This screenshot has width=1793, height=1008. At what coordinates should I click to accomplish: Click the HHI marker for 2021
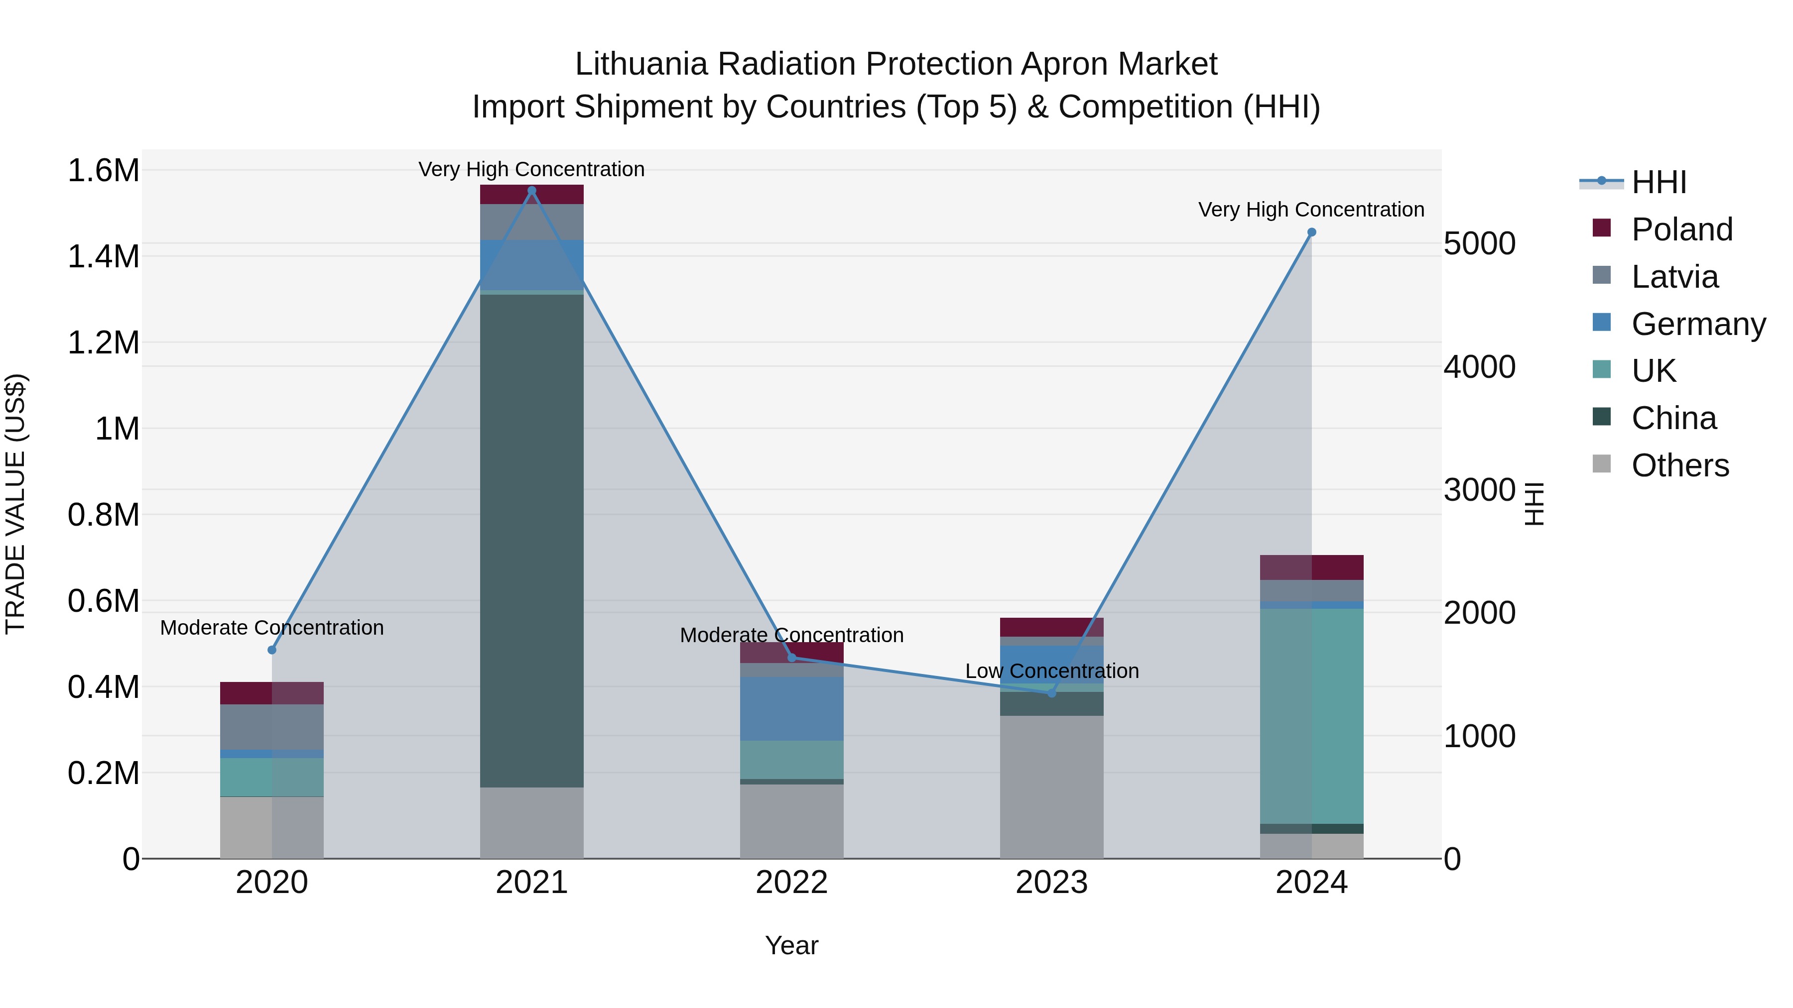532,190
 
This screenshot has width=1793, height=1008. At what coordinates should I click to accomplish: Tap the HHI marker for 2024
1311,232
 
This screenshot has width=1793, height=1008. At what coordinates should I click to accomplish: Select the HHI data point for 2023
1052,693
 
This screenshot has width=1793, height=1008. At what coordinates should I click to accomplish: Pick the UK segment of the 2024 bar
1311,716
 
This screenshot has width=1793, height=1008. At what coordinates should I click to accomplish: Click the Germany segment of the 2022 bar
791,708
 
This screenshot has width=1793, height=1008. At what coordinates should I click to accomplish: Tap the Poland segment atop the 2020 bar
271,693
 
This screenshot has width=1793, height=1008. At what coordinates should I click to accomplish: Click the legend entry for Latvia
1674,277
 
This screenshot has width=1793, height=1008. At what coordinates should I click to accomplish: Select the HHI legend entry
1658,182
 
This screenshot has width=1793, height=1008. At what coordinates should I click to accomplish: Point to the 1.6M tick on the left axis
103,170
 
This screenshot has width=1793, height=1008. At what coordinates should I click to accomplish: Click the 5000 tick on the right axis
1479,243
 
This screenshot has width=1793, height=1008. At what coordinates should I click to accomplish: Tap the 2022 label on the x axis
791,882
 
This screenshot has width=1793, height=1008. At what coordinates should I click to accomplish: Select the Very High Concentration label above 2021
532,169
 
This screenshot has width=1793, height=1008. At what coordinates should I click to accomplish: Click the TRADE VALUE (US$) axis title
15,504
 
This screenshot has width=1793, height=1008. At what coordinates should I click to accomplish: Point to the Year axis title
791,945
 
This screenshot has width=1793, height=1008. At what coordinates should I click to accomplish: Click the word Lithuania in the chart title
641,64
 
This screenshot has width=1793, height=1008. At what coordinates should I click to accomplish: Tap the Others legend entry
1679,465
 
